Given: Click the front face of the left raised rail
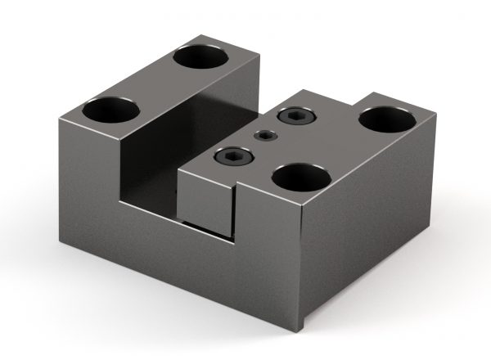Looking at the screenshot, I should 90,180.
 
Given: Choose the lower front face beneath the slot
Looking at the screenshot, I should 180,262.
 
